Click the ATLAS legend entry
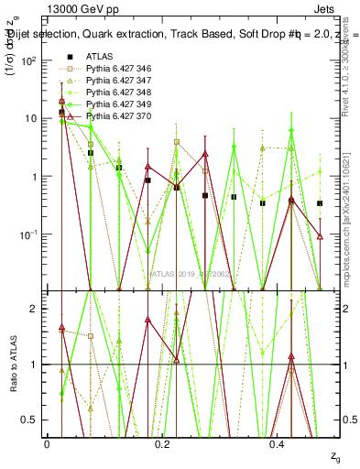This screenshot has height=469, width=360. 98,57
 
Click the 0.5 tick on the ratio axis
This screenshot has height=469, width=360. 32,420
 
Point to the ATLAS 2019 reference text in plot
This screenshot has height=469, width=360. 192,274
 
